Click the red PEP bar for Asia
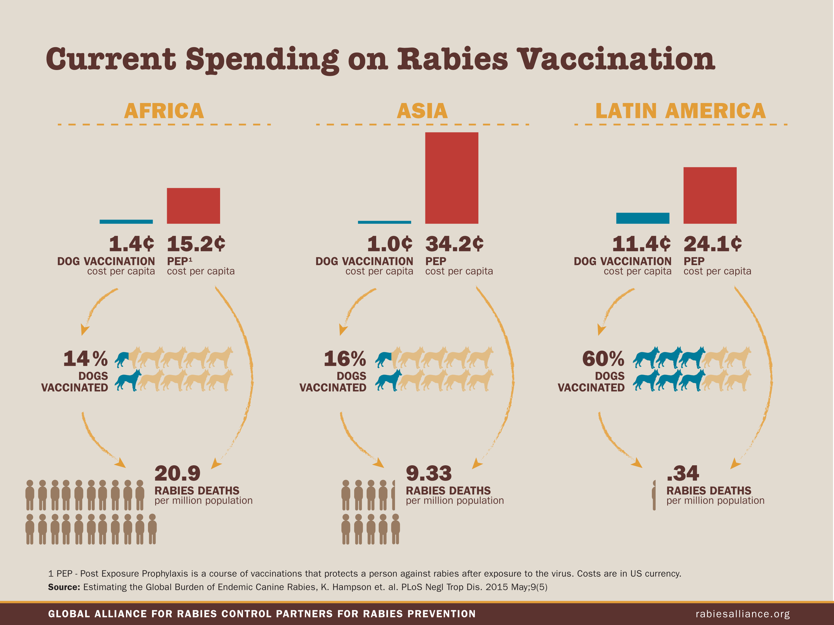coord(452,178)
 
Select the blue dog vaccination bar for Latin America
coord(643,218)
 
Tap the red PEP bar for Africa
coord(193,206)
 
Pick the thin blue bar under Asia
coord(384,222)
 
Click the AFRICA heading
coord(164,111)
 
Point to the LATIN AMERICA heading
coord(681,111)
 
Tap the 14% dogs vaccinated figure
coord(85,359)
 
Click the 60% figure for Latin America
coord(603,359)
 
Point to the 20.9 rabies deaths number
coord(177,474)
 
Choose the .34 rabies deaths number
coord(683,474)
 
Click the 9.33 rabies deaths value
coord(429,474)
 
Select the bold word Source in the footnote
coord(64,587)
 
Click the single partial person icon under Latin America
coord(654,495)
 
